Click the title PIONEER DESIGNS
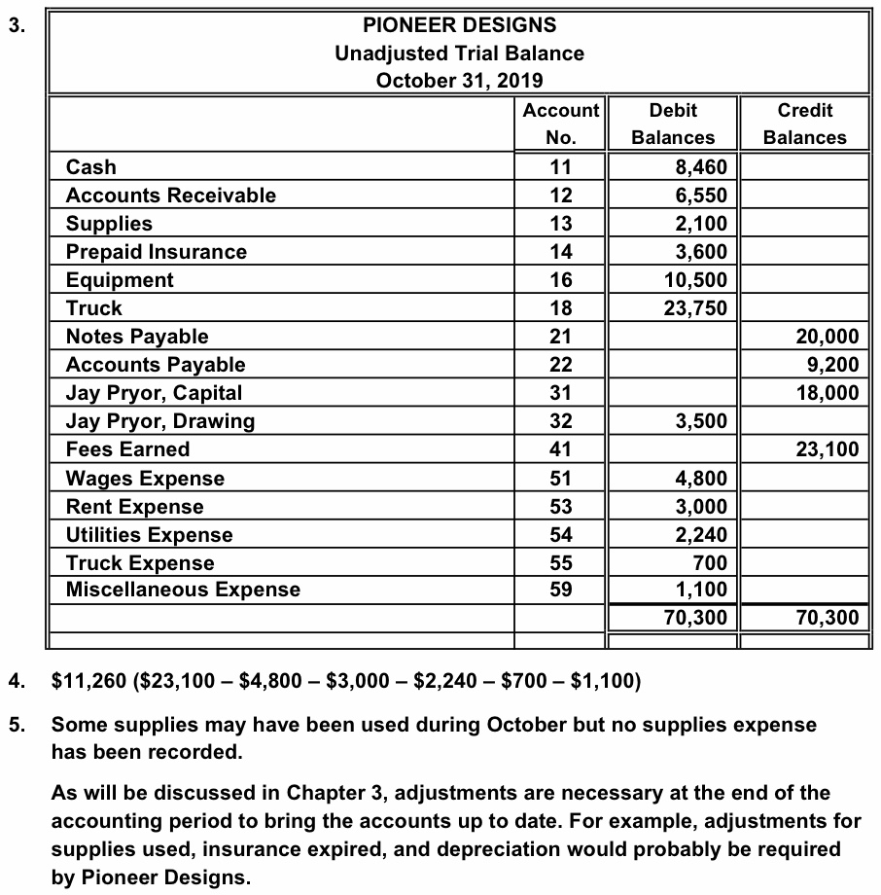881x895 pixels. pos(459,24)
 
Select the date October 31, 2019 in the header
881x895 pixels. pos(459,80)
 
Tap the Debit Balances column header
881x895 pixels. pos(673,124)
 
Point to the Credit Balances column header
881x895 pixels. pos(804,124)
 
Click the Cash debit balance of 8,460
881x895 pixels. pos(700,167)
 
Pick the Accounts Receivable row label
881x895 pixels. pos(170,196)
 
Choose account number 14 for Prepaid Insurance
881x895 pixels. pos(561,252)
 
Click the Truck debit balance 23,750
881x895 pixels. pos(694,308)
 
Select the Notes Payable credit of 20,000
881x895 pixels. pos(827,337)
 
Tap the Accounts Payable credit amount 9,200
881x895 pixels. pos(832,365)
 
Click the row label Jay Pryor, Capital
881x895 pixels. pos(154,393)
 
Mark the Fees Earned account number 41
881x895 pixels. pos(561,449)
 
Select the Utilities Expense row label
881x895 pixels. pos(149,535)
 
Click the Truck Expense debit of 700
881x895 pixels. pos(709,563)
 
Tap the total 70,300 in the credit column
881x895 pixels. pos(827,617)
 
